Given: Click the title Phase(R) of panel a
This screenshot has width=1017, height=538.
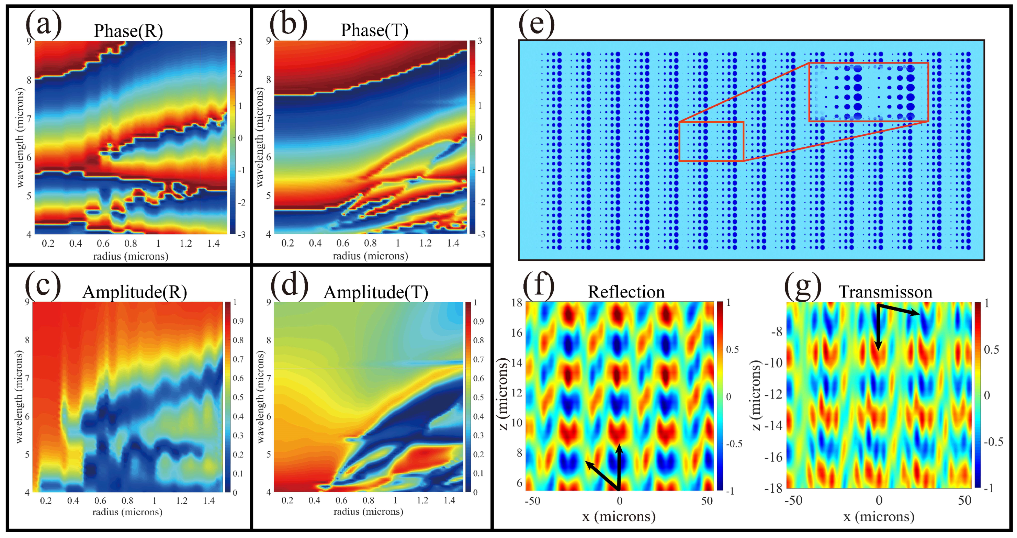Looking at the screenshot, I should pos(128,31).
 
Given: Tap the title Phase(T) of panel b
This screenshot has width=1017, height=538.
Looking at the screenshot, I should pos(374,30).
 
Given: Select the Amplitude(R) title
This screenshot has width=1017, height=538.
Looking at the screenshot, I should pos(135,292).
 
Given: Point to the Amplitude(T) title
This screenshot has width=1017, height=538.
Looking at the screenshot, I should pos(375,293).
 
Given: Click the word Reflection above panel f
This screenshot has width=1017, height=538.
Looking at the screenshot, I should pos(626,292).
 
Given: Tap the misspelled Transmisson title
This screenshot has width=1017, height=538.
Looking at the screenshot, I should pos(885,292).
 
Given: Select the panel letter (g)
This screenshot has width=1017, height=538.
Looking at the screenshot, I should pos(802,285).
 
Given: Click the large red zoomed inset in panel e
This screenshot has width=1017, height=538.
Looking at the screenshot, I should pos(869,92).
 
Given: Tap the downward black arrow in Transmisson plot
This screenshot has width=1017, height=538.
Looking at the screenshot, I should pos(878,328).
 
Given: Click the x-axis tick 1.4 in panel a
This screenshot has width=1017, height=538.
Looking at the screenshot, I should pos(213,244).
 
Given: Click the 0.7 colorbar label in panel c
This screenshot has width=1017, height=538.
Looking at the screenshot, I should pos(238,359).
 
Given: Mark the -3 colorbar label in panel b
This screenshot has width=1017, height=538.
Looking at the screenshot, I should pos(481,234).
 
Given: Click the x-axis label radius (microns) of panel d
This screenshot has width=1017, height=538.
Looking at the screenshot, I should pos(368,512).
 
